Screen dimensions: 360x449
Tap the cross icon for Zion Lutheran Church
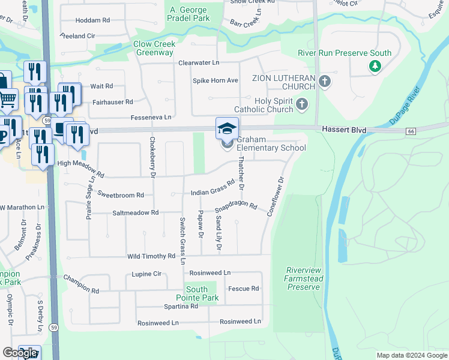325,81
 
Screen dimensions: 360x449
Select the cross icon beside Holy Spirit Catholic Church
302,105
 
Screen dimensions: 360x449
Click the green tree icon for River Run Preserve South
375,65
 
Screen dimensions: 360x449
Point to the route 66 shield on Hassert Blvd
411,131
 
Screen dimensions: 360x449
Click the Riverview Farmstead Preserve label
304,278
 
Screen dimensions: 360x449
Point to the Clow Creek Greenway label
154,48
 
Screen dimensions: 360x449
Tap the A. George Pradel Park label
189,14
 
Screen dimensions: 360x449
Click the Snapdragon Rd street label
237,208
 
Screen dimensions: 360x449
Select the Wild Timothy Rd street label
151,256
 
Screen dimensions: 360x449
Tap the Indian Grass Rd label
212,188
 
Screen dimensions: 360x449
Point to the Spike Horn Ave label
215,80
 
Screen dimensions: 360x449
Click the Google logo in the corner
20,353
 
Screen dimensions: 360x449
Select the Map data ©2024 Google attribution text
411,355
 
